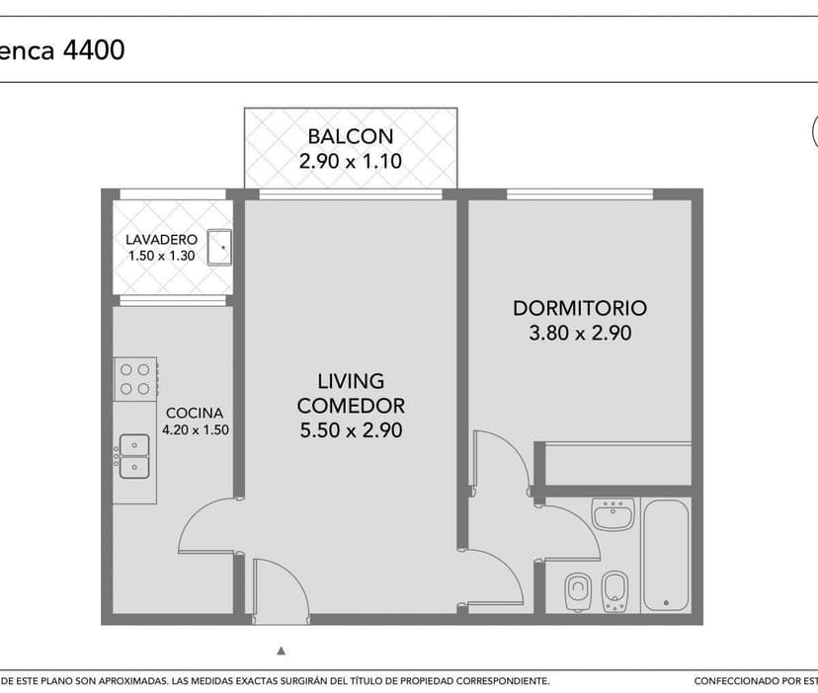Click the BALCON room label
tap(350, 136)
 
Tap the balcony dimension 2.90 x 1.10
tap(350, 161)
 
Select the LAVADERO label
tap(162, 240)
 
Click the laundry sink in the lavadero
tap(219, 247)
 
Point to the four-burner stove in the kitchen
tap(135, 379)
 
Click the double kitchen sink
tap(134, 456)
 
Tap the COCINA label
tap(195, 413)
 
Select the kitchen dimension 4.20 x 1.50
tap(196, 430)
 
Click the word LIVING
tap(351, 381)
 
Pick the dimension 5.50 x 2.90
tap(351, 430)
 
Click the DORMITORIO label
tap(580, 308)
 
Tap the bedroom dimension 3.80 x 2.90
tap(580, 333)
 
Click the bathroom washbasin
tap(613, 513)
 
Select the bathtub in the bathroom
tap(666, 556)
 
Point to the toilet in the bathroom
tap(578, 592)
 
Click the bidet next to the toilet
tap(614, 592)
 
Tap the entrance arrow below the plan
tap(282, 651)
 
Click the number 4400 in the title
tap(94, 50)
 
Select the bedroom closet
tap(618, 464)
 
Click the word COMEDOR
tap(351, 406)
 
